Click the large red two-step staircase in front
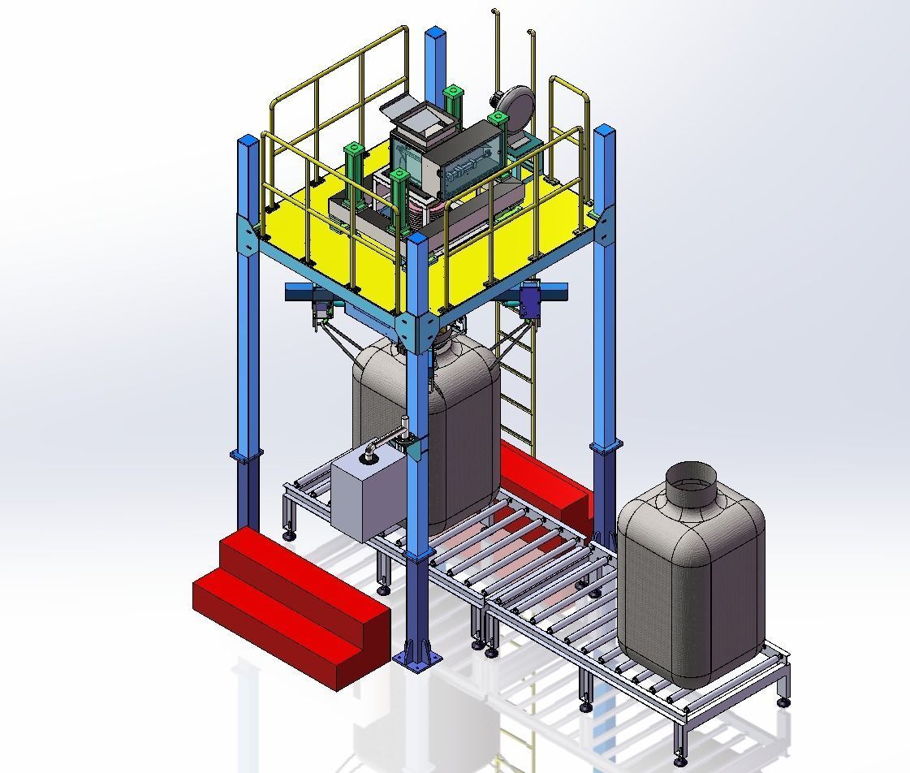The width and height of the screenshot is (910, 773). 288,601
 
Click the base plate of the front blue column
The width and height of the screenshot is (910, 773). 418,658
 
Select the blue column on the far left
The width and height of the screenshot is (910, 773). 248,325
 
